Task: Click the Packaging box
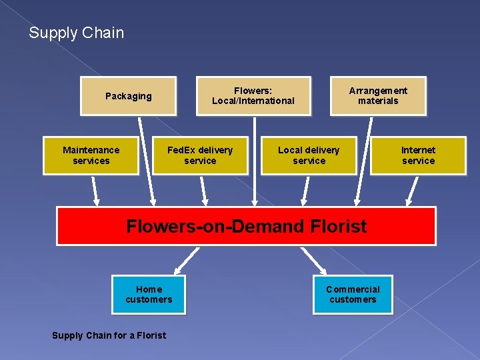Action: pyautogui.click(x=128, y=96)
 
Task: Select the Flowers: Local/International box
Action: pyautogui.click(x=253, y=96)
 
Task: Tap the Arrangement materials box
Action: pyautogui.click(x=378, y=96)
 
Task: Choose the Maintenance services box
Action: pyautogui.click(x=91, y=155)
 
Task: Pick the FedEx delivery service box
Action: pyautogui.click(x=200, y=155)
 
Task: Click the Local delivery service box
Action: pyautogui.click(x=309, y=155)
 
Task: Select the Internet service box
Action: pyautogui.click(x=418, y=155)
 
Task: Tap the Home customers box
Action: pyautogui.click(x=149, y=295)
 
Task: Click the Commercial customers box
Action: pyautogui.click(x=353, y=295)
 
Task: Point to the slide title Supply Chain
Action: pyautogui.click(x=76, y=33)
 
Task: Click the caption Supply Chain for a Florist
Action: pyautogui.click(x=109, y=335)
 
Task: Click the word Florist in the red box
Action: pyautogui.click(x=338, y=227)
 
